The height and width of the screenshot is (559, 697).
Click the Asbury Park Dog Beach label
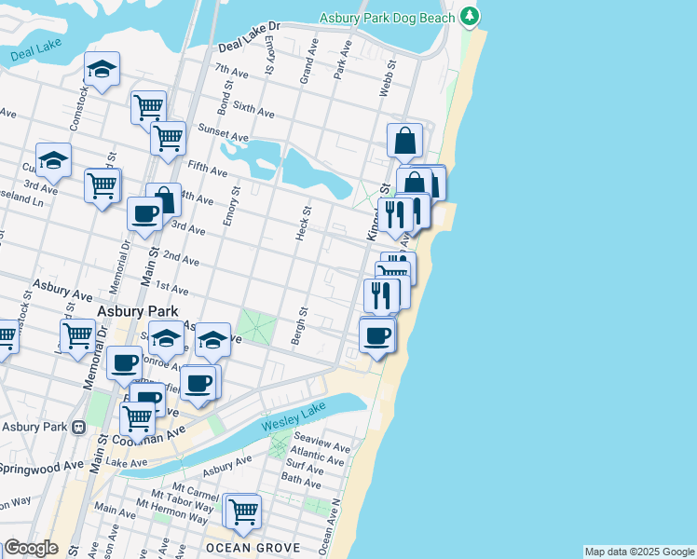[387, 18]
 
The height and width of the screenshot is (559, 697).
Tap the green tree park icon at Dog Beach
[471, 16]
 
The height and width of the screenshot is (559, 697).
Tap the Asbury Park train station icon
[79, 428]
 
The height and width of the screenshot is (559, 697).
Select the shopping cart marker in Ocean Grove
[243, 511]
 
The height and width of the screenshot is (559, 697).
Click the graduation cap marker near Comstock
[102, 70]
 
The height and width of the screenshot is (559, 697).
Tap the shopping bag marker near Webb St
[405, 141]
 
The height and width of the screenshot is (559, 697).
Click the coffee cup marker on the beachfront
[377, 335]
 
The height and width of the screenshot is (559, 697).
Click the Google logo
[31, 548]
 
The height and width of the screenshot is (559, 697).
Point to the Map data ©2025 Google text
[639, 552]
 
